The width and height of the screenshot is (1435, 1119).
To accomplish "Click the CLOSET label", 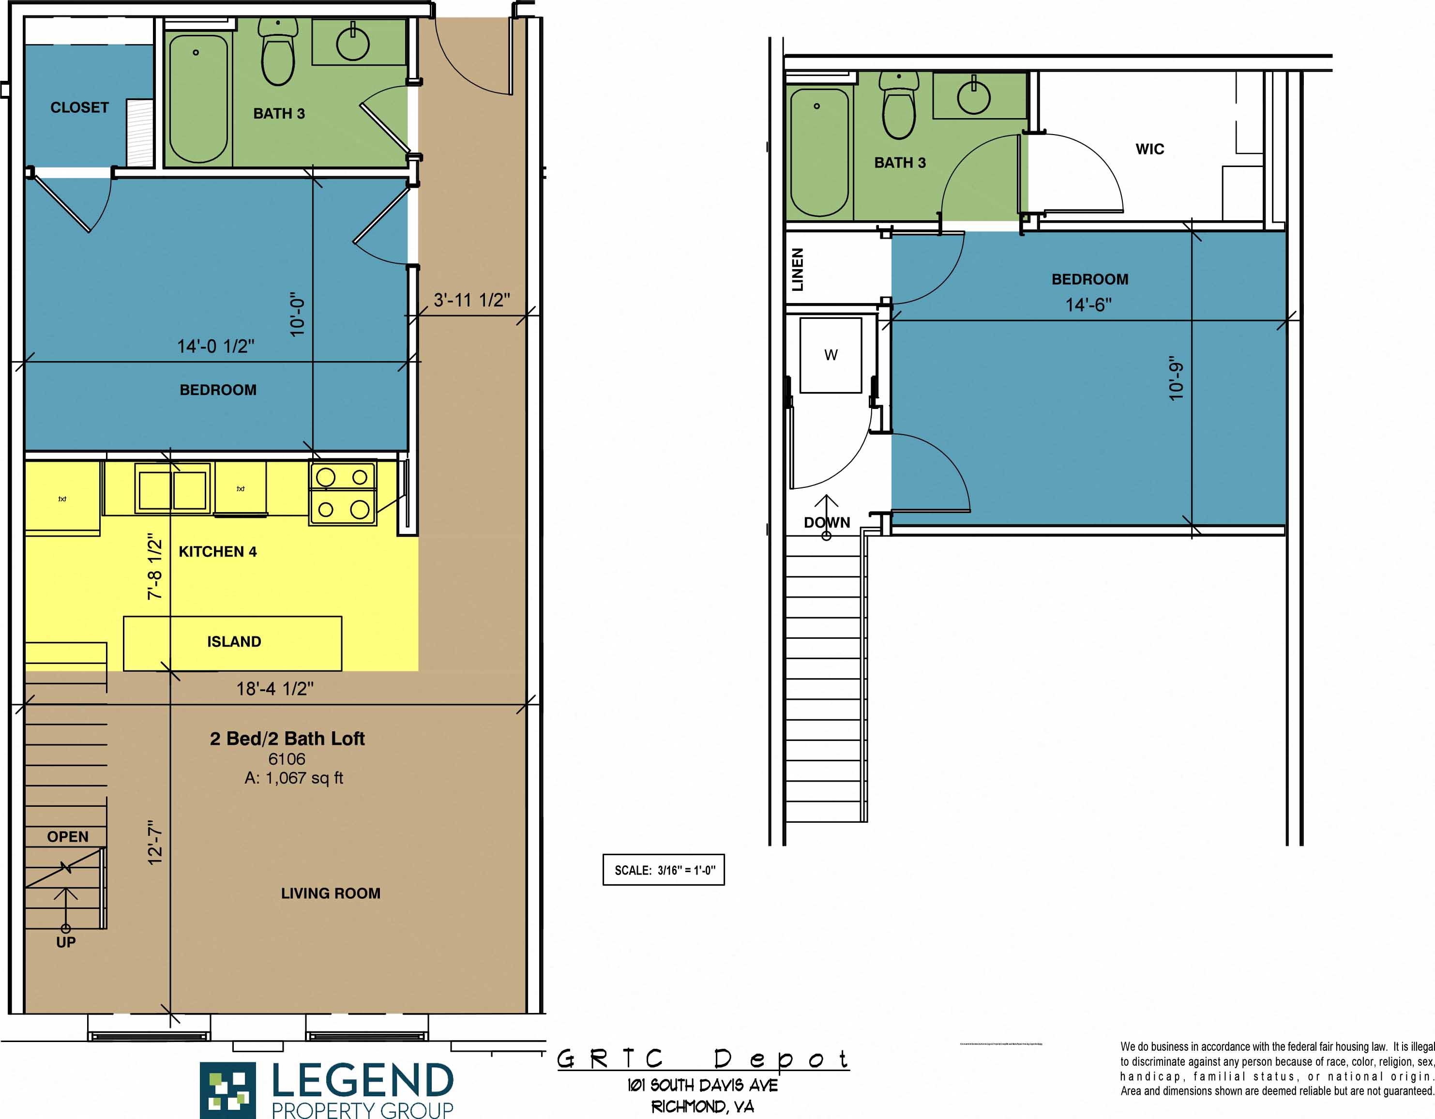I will click(x=79, y=107).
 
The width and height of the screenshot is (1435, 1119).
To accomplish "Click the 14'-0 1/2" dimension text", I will click(x=215, y=346).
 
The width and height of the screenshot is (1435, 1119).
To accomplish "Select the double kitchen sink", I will click(x=173, y=489).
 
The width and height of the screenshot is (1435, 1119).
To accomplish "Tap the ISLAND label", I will click(x=234, y=641).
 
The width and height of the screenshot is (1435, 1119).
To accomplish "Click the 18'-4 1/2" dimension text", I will click(x=274, y=689).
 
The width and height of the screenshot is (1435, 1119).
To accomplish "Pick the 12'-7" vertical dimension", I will click(x=154, y=842).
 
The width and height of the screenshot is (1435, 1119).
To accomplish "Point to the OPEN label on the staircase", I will click(x=68, y=836).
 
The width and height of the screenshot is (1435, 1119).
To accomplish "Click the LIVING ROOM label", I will click(x=331, y=893).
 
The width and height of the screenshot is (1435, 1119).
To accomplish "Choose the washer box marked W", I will click(x=831, y=355).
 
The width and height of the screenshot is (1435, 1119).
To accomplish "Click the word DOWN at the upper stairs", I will click(x=827, y=522).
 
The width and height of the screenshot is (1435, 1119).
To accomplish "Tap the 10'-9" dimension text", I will click(x=1176, y=378).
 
